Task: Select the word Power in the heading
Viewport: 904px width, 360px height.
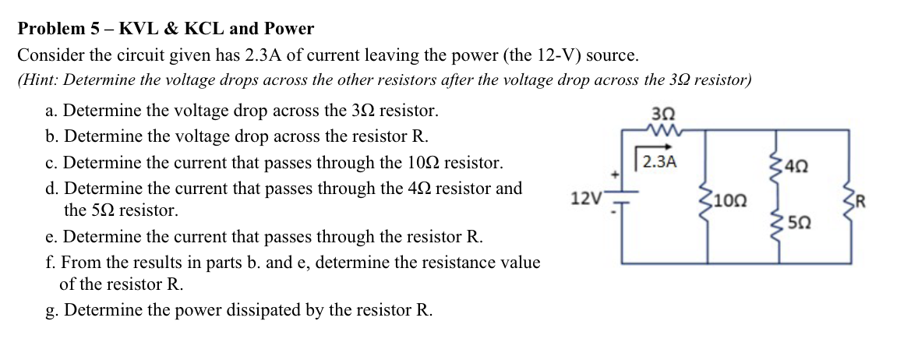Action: pyautogui.click(x=288, y=30)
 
